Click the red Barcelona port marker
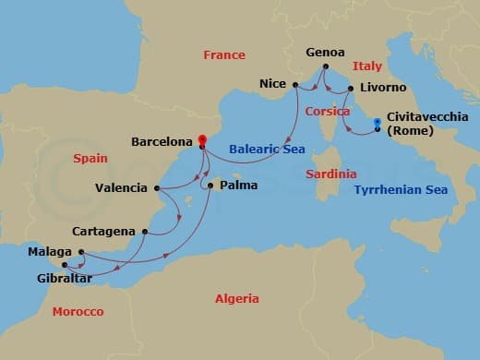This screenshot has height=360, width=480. pos(201,141)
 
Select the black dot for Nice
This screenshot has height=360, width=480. pos(295,85)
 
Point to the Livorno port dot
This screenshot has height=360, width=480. pos(351,89)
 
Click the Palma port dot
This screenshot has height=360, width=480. pos(211,186)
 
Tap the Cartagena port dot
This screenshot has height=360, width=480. pos(143,231)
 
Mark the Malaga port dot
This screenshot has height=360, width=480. pos(81,252)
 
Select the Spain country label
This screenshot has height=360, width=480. pos(90,159)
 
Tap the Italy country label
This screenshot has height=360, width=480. pos(366,66)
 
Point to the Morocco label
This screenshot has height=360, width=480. pos(78,312)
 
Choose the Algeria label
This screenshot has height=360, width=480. pos(236,299)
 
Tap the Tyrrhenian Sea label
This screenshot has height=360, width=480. pos(401,190)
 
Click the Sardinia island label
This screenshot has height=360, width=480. pos(331,174)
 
